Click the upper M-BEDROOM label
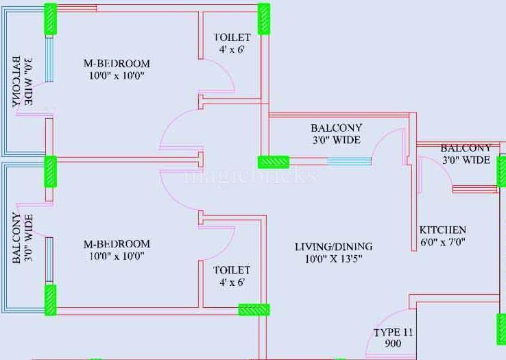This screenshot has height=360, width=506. pos(116,64)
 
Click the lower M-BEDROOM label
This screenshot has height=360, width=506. pos(116,244)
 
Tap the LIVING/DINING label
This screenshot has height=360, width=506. pos(333,247)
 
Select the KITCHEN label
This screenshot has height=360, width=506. pos(443,230)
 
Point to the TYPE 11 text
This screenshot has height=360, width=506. pos(394,333)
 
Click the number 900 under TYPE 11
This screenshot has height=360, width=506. pos(394,344)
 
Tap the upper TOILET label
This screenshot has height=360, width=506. pos(232,37)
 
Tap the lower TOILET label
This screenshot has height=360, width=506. pos(232,270)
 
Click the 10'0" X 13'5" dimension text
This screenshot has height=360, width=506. pos(333,259)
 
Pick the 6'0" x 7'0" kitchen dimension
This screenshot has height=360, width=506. pos(443,242)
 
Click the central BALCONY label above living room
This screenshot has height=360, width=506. pos(336,128)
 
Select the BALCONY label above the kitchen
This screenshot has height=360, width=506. pos(466,148)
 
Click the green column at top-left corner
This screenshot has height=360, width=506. pos(50,19)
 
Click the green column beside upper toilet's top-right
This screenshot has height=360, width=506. pos(264,19)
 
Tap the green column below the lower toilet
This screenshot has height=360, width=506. pos(254,309)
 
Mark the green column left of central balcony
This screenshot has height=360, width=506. pos(273,162)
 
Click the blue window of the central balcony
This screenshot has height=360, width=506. pos(349,162)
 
